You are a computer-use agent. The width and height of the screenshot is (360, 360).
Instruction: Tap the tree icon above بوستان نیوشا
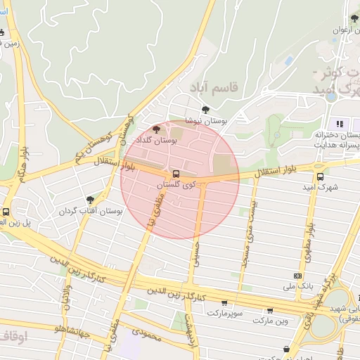(205, 109)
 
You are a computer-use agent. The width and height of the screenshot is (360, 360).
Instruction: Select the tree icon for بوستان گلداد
(156, 129)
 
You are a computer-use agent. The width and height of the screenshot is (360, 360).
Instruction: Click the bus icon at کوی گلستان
(176, 173)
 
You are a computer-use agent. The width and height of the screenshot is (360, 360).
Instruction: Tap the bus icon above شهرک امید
(321, 176)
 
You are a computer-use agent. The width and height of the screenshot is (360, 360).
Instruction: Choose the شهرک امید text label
(321, 188)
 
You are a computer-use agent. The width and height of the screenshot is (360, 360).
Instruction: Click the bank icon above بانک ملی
(298, 275)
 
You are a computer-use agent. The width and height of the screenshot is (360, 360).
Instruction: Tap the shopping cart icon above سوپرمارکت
(224, 302)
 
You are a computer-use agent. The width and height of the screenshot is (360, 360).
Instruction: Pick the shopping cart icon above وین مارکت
(270, 310)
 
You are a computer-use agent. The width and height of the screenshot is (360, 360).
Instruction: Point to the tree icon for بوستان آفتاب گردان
(90, 200)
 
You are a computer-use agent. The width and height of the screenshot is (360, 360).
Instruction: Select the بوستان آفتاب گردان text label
(86, 211)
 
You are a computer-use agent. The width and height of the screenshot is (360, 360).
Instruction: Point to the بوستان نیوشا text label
(204, 120)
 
